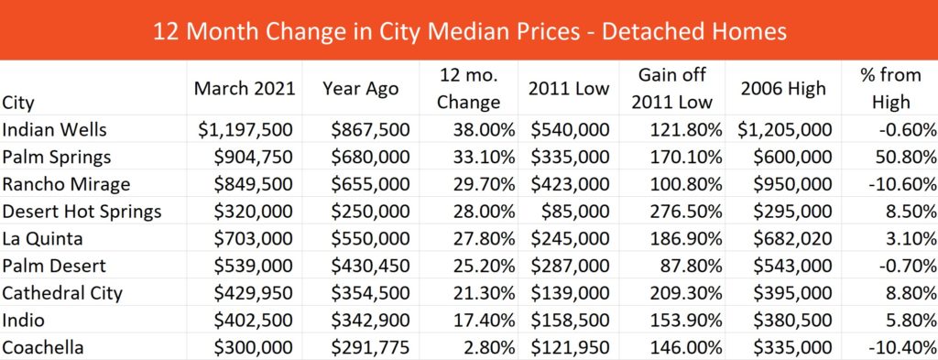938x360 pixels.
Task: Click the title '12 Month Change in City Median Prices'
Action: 366,31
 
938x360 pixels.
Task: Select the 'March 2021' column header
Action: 245,89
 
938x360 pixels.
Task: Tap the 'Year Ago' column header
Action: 361,89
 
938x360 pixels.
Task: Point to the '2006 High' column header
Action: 783,89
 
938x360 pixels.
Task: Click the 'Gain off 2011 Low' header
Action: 672,89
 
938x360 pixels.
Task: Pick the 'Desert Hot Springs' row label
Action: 82,212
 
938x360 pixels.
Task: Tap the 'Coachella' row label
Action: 42,348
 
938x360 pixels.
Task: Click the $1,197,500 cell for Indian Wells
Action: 245,130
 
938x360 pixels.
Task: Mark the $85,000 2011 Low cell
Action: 575,212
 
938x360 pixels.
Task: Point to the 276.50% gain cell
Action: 683,212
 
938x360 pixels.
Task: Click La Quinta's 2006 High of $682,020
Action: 792,239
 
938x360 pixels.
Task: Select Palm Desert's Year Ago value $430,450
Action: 371,267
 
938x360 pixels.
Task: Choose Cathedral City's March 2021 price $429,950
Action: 253,294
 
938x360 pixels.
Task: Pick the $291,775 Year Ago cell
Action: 371,348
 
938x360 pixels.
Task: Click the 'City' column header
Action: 18,103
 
